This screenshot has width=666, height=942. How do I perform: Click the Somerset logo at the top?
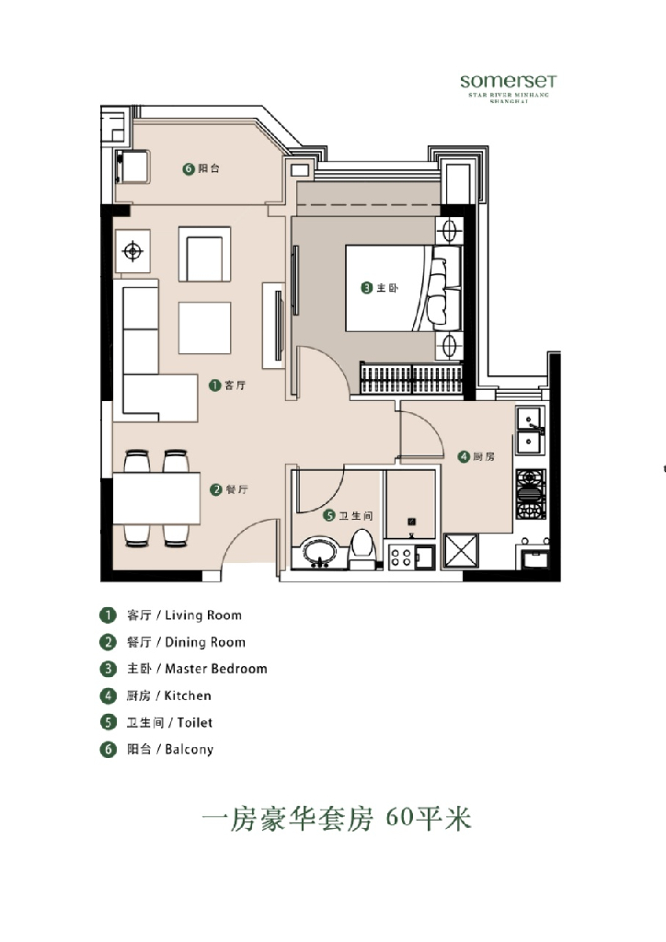508,82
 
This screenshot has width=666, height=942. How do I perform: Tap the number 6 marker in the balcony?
189,169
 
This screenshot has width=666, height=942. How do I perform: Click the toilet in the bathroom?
363,546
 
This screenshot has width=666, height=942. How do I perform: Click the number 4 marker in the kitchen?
465,456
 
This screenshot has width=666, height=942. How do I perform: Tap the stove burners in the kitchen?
530,494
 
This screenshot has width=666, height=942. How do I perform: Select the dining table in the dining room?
156,498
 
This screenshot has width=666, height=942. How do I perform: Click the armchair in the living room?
203,255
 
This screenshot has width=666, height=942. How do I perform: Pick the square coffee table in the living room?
204,327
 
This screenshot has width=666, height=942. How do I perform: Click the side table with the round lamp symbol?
133,250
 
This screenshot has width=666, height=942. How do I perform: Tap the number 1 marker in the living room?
215,385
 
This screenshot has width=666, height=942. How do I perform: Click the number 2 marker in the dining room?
215,489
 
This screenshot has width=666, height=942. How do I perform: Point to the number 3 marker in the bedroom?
366,288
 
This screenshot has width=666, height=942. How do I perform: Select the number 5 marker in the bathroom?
328,516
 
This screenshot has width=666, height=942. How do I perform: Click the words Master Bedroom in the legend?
215,669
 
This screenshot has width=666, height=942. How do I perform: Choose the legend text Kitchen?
188,695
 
